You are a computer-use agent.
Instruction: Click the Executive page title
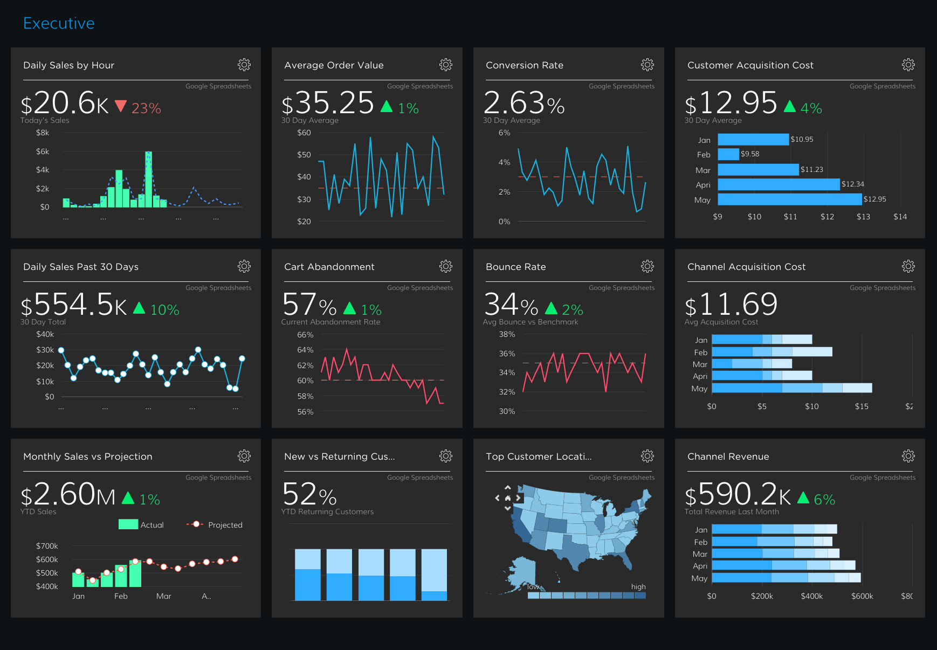coord(59,23)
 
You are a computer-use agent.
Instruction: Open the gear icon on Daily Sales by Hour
coord(244,65)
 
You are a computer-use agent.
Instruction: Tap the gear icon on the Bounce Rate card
coord(647,266)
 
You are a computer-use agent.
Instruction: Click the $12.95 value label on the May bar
coord(874,199)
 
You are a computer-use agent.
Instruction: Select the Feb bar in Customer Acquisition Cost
coord(728,154)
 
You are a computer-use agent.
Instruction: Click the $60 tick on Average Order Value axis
coord(304,133)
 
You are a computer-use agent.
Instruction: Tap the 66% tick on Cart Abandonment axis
coord(305,335)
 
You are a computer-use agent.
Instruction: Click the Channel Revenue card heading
coord(728,457)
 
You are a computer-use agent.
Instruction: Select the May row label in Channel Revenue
coord(699,578)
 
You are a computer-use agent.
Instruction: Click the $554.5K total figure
coord(74,305)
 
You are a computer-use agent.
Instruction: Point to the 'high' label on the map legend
coord(638,586)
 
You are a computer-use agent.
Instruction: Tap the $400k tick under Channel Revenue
coord(811,596)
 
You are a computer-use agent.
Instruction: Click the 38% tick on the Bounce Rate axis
coord(507,334)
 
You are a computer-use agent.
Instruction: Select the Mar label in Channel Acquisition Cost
coord(700,364)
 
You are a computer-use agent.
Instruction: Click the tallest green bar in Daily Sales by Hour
coord(148,179)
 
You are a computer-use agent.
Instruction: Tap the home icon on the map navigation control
coord(507,498)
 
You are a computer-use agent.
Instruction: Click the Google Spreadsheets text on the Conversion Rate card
coord(621,86)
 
